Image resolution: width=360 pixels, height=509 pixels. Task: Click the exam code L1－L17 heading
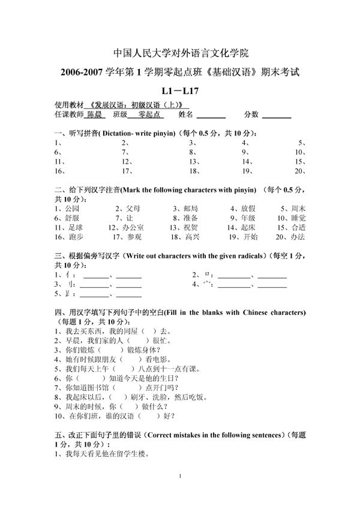pos(180,92)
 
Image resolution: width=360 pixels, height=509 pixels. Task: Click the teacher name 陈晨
pos(95,114)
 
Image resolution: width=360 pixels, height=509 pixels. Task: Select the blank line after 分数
pos(277,115)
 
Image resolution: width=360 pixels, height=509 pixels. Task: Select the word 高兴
pos(192,237)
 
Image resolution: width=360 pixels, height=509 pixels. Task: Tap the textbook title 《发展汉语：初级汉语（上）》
pos(135,104)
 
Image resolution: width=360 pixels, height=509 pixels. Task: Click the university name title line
pos(180,52)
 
